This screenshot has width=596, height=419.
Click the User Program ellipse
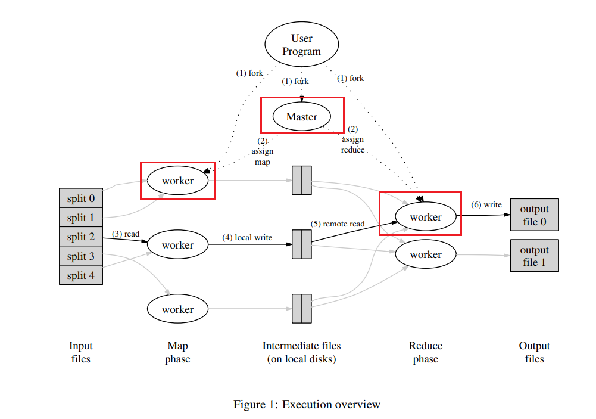pyautogui.click(x=301, y=45)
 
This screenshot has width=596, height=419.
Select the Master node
pyautogui.click(x=302, y=116)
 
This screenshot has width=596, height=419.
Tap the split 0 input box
pyautogui.click(x=80, y=198)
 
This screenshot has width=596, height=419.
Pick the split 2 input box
pyautogui.click(x=80, y=237)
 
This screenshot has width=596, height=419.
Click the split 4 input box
pyautogui.click(x=80, y=275)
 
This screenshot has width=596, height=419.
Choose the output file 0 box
pyautogui.click(x=534, y=215)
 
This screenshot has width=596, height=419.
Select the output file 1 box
pyautogui.click(x=534, y=255)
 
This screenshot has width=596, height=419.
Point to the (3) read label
pyautogui.click(x=126, y=234)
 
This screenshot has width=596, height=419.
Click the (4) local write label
pyautogui.click(x=247, y=237)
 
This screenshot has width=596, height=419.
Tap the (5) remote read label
pyautogui.click(x=338, y=224)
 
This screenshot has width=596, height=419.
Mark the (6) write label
pyautogui.click(x=486, y=204)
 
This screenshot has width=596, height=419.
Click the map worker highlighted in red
pyautogui.click(x=177, y=180)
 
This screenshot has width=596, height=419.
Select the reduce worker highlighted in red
pyautogui.click(x=426, y=217)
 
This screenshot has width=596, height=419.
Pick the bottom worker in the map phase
pyautogui.click(x=177, y=309)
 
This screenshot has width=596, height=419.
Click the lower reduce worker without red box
pyautogui.click(x=426, y=254)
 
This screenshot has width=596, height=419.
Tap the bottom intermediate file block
pyautogui.click(x=301, y=308)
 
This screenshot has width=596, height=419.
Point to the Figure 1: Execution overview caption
pyautogui.click(x=307, y=404)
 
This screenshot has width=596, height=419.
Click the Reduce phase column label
pyautogui.click(x=426, y=352)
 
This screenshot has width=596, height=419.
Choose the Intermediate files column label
pyautogui.click(x=301, y=352)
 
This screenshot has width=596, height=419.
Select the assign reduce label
pyautogui.click(x=352, y=139)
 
